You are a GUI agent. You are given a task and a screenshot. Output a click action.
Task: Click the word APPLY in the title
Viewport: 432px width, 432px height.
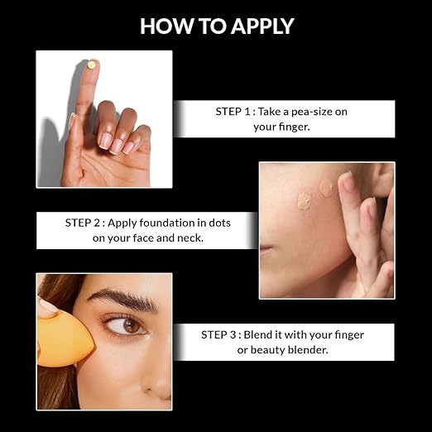pos(262,26)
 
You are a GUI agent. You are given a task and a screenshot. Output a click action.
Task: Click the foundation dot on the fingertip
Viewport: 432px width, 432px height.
pos(91,65)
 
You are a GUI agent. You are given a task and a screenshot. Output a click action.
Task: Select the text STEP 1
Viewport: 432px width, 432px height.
pos(233,112)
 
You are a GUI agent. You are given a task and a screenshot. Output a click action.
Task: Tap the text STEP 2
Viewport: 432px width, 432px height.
pos(83,223)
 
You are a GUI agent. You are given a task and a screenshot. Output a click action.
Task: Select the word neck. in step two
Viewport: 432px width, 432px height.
pos(190,238)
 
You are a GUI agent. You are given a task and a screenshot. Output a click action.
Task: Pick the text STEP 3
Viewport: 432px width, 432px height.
pos(218,335)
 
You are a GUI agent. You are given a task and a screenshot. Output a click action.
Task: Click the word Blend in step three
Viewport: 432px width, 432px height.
pos(257,335)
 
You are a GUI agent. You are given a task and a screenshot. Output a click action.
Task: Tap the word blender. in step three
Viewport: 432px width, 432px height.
pos(308,350)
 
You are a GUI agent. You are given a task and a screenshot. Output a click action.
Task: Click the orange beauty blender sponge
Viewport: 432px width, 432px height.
pos(64,341)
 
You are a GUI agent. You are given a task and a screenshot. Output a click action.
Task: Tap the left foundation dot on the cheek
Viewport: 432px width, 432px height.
pos(305,202)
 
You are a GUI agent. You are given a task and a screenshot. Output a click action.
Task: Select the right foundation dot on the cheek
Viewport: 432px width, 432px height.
pos(326,188)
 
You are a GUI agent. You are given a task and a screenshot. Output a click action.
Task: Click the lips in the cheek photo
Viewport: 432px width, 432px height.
pos(266,250)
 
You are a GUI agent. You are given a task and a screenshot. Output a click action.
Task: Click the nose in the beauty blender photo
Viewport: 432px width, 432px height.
pos(157,383)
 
